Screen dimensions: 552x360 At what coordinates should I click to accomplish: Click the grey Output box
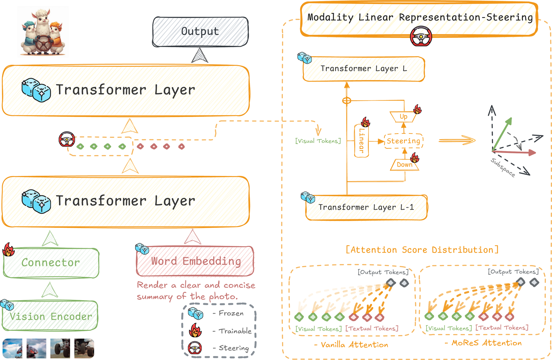(200, 32)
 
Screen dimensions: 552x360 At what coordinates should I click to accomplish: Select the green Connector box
(51, 263)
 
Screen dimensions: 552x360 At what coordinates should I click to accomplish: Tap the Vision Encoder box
(50, 316)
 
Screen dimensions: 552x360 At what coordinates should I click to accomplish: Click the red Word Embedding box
(195, 261)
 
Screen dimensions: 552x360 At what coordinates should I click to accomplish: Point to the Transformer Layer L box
(364, 69)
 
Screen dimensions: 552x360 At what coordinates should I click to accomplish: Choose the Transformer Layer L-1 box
(366, 207)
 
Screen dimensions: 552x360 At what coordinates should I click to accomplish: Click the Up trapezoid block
(403, 117)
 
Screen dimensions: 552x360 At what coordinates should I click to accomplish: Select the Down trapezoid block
(404, 165)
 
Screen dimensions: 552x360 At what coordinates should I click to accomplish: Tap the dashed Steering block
(404, 141)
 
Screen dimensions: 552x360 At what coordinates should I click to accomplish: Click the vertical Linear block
(362, 140)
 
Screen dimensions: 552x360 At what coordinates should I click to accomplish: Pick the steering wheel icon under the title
(421, 36)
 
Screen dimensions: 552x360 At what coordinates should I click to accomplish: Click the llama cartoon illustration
(43, 32)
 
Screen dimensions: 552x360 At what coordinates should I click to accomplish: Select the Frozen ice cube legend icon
(195, 314)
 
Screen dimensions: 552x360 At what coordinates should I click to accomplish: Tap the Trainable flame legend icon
(195, 330)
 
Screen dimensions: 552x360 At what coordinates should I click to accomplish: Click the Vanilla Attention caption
(351, 345)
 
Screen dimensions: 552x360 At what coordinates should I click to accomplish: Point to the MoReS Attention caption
(483, 343)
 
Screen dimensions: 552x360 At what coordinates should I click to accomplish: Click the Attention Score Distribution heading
(422, 250)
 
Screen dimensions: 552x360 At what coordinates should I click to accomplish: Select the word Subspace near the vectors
(503, 167)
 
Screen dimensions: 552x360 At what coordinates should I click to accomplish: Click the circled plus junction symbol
(347, 100)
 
